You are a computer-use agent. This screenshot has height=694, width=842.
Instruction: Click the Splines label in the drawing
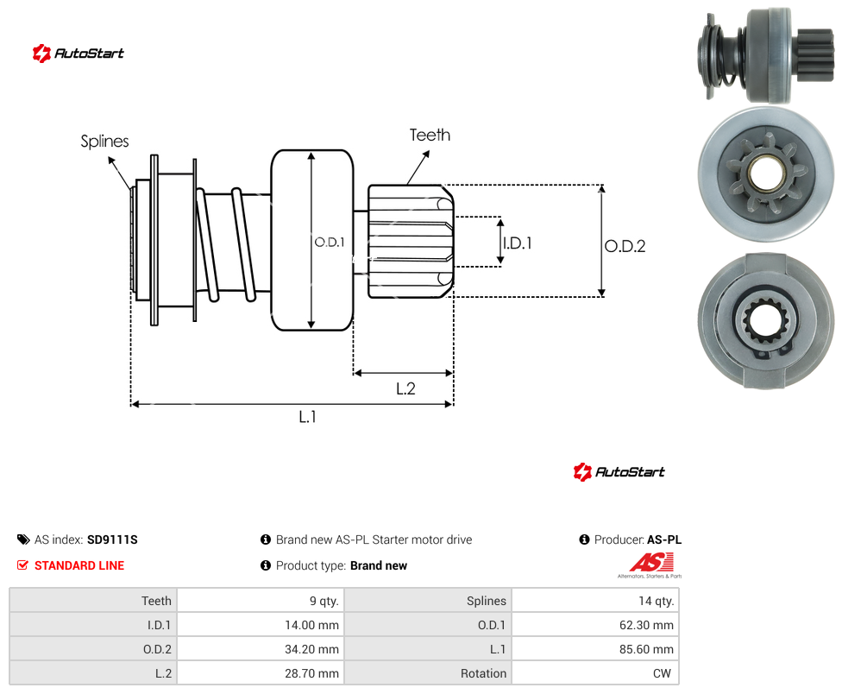coord(104,142)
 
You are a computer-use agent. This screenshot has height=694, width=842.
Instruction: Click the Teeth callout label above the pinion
coord(430,135)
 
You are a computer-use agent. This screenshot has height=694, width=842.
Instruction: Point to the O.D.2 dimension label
coord(625,246)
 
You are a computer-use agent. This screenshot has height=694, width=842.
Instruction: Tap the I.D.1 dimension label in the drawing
coord(518,243)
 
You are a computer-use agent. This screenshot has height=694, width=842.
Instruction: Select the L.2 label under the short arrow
coord(405,388)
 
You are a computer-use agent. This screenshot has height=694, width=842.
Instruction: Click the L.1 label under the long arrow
coord(307,416)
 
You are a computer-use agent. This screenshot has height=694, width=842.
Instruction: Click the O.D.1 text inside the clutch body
coord(330,243)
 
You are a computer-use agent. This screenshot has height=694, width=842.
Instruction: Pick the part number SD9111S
coord(112,539)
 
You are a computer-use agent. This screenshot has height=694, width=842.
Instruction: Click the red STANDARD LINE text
coord(79,565)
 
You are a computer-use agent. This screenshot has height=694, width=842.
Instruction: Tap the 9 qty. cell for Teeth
coord(324,601)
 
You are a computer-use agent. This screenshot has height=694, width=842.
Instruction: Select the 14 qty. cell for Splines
coord(657,601)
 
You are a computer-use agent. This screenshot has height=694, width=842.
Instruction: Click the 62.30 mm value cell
coord(646,625)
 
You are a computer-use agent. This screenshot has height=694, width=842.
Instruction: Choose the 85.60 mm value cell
coord(646,649)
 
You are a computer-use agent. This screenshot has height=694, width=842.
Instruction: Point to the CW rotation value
coord(662,673)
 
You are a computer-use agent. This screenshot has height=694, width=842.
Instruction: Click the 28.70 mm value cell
coord(311,673)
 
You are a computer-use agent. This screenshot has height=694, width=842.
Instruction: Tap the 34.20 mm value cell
coord(311,649)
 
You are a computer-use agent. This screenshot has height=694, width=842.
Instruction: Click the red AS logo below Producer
coord(651,563)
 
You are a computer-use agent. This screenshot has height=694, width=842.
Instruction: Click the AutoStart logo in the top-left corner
coord(79,54)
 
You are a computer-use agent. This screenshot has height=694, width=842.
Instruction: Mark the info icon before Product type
coord(265,565)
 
